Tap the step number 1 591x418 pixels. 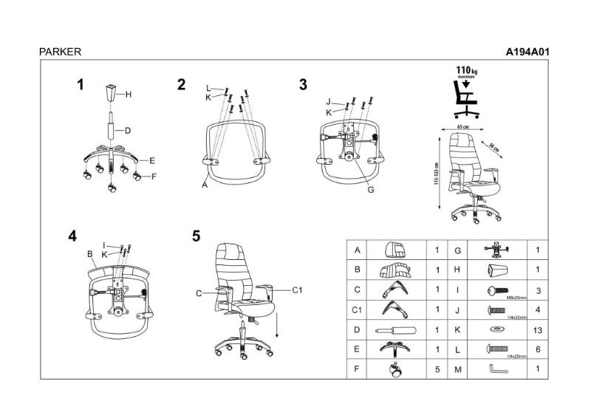pyautogui.click(x=80, y=84)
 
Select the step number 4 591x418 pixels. pyautogui.click(x=72, y=236)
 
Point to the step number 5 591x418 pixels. pyautogui.click(x=196, y=236)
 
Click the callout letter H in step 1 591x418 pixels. pyautogui.click(x=128, y=95)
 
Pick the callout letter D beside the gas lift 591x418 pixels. pyautogui.click(x=127, y=131)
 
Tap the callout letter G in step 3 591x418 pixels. pyautogui.click(x=371, y=189)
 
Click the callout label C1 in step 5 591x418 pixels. pyautogui.click(x=298, y=289)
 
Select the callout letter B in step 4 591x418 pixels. pyautogui.click(x=89, y=255)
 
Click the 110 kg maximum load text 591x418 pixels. pyautogui.click(x=465, y=69)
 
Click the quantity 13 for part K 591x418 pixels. pyautogui.click(x=536, y=329)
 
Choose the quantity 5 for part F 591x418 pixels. pyautogui.click(x=437, y=369)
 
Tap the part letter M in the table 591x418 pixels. pyautogui.click(x=458, y=369)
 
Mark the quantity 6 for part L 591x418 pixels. pyautogui.click(x=536, y=349)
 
